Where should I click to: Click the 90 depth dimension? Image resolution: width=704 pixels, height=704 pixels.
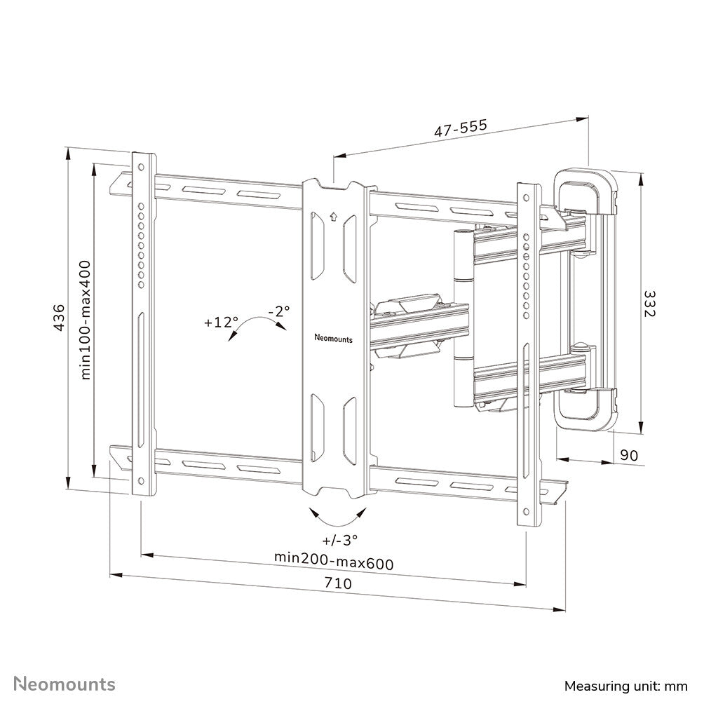pos(629,455)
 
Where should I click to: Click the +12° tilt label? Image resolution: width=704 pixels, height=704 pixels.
pos(222,323)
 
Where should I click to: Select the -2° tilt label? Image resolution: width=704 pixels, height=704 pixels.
pos(278,310)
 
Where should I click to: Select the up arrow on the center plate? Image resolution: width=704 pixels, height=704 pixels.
pos(334,217)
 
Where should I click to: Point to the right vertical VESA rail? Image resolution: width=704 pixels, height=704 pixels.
pos(528,351)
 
